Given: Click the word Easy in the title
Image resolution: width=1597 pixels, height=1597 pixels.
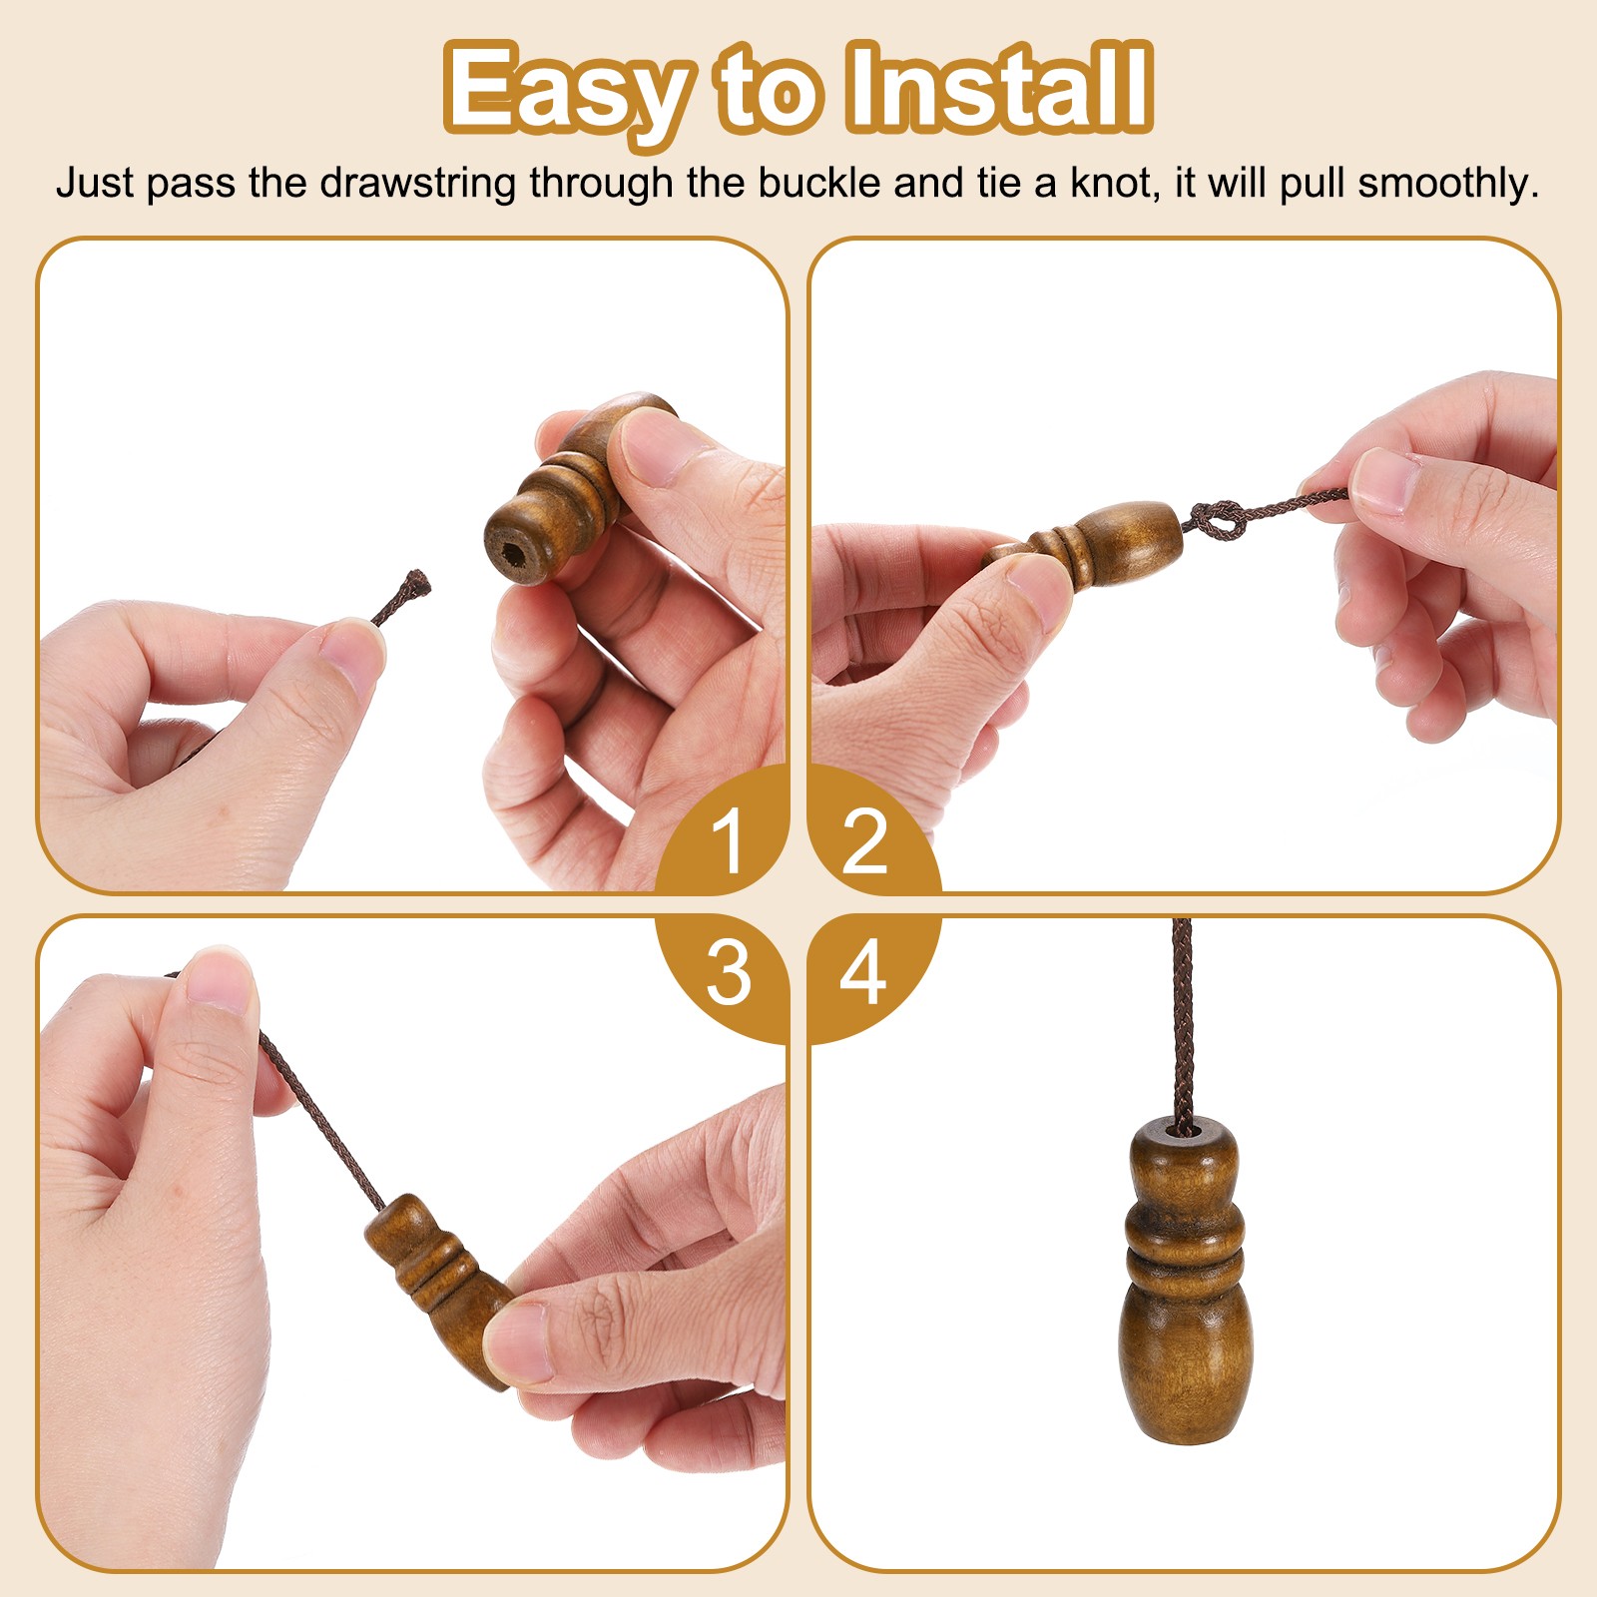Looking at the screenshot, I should coord(565,90).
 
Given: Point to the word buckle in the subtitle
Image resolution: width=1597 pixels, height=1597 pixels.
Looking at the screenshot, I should coord(819,184).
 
